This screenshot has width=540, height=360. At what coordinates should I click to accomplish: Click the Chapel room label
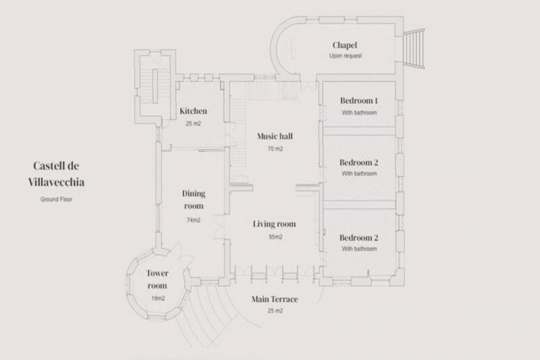click(345, 45)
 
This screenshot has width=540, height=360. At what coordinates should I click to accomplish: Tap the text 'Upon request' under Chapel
click(345, 56)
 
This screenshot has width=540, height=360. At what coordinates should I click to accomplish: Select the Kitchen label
click(193, 111)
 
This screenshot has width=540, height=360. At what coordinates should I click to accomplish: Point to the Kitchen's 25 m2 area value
click(193, 124)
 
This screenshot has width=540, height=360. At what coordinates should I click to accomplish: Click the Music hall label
click(275, 136)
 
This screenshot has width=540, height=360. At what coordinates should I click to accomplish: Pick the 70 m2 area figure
click(275, 149)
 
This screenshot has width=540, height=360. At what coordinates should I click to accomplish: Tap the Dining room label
click(194, 200)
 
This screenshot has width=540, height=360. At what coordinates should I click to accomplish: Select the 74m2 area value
click(194, 220)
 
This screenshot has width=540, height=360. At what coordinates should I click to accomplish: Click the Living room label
click(274, 224)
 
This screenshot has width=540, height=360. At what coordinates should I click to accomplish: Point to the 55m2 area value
click(275, 237)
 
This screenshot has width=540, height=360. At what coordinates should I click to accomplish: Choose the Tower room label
click(157, 279)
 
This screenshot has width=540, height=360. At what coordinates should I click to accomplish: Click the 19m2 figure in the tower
click(158, 298)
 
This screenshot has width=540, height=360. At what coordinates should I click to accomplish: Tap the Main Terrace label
click(274, 299)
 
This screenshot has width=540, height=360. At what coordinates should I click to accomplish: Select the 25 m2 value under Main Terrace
click(275, 311)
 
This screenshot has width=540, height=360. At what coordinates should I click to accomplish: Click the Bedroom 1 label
click(359, 101)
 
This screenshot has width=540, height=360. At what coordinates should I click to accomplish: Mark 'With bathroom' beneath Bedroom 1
click(359, 113)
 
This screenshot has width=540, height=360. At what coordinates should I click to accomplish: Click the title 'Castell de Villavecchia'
click(56, 173)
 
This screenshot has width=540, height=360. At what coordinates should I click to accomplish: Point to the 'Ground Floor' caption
click(56, 199)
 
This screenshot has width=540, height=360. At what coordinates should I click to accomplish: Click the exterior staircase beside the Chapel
click(414, 48)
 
